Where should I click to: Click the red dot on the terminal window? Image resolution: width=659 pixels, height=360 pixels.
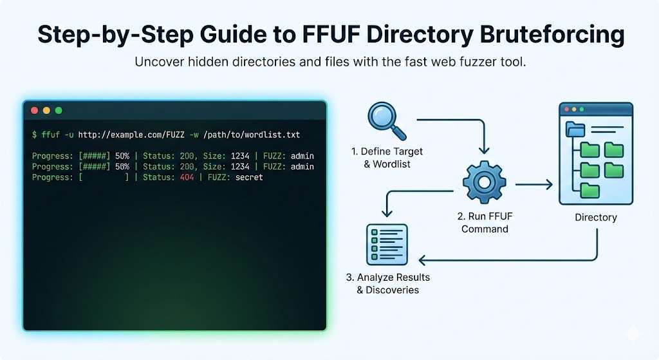click(35, 111)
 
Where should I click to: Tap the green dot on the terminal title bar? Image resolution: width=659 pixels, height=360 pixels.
click(59, 111)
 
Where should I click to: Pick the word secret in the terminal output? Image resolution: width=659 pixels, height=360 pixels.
click(249, 177)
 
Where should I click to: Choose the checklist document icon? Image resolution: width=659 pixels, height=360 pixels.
click(387, 244)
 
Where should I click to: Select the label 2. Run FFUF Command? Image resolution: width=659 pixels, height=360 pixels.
click(485, 223)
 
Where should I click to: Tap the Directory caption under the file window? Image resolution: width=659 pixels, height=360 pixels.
click(595, 217)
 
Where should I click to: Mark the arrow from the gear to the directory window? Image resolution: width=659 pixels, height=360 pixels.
click(534, 185)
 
